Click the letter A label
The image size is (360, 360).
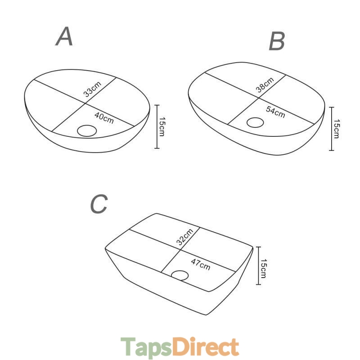tap(64, 36)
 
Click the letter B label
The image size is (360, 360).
tap(277, 41)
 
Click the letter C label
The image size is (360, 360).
tap(99, 203)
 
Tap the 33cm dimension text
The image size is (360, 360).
tap(92, 89)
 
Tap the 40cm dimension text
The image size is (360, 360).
tap(104, 118)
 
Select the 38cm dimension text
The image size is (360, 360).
tap(265, 85)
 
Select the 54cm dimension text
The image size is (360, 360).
tap(275, 112)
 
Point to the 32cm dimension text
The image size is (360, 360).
tap(185, 237)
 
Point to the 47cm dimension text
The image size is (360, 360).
tap(201, 265)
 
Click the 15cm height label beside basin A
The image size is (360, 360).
tap(162, 126)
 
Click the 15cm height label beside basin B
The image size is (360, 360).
tap(337, 129)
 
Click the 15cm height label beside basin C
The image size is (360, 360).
tap(264, 269)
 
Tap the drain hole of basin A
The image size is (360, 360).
tap(87, 130)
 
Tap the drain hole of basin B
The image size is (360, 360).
tap(255, 122)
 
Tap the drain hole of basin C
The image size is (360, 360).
tap(180, 275)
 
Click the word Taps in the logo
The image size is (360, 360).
tap(147, 346)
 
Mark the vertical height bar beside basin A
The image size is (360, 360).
tap(157, 126)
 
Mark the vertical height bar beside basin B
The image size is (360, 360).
tap(332, 129)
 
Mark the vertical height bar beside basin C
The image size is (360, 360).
tap(258, 265)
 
